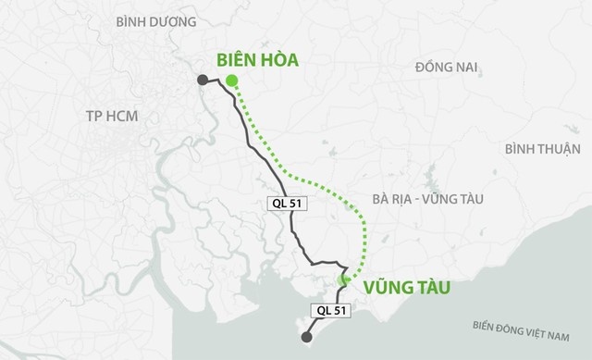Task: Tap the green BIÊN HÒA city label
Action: tap(258, 61)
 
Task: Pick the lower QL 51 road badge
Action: tap(326, 312)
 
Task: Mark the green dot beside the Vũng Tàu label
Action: tap(344, 279)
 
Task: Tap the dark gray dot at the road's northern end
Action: tap(203, 82)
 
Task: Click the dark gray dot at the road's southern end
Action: tap(307, 338)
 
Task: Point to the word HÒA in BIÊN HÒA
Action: tap(280, 61)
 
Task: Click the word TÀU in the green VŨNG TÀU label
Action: tap(430, 288)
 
